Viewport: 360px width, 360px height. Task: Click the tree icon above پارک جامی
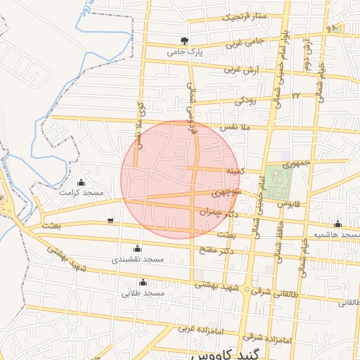(x=184, y=41)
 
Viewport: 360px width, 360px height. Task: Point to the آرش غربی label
(x=241, y=70)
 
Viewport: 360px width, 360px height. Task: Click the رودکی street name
(x=250, y=101)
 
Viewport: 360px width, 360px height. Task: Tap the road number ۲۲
(x=296, y=94)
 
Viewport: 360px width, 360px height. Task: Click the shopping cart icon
(x=111, y=221)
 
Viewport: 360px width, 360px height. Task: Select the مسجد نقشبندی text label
(x=138, y=259)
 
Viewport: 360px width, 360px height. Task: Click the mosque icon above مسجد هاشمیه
(x=337, y=224)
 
